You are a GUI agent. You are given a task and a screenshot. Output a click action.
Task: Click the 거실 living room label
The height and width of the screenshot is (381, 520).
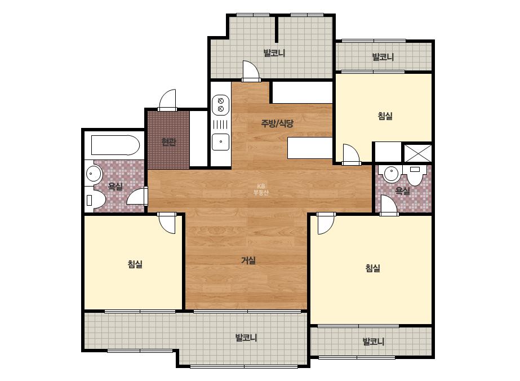point(248,260)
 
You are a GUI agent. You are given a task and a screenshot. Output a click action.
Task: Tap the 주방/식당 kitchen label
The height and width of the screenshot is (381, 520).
point(277,123)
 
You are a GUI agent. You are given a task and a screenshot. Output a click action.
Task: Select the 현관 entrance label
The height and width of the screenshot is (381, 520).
point(168,142)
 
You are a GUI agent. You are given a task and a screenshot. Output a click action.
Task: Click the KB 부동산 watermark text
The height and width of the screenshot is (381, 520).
point(261,189)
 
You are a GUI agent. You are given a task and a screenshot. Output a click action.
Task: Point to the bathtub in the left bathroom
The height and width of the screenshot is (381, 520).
point(115,145)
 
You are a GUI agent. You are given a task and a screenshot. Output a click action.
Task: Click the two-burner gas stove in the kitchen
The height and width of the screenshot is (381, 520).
point(220,104)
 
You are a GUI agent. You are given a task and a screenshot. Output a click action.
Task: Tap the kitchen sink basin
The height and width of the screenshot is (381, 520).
point(220,141)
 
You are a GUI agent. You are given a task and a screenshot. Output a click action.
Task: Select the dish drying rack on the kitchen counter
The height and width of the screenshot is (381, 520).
point(220,125)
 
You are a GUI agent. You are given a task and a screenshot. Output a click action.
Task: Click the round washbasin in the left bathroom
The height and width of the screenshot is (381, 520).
point(94,174)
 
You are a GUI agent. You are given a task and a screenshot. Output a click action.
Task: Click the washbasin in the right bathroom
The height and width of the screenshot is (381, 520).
point(392,173)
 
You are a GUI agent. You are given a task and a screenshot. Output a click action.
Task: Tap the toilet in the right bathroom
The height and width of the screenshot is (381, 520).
point(415,175)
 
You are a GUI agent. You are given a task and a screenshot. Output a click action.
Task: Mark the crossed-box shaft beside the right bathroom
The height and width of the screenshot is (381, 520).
point(418,153)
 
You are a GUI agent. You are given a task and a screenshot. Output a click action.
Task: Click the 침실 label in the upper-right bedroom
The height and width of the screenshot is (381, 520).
point(385,116)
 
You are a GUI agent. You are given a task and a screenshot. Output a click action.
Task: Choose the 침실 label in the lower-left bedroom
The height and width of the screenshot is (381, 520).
point(135,264)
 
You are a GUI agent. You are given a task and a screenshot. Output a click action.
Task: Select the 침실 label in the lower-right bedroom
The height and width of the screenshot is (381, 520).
point(373,268)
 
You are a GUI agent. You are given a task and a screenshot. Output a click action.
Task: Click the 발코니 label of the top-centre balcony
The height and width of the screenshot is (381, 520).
point(274,53)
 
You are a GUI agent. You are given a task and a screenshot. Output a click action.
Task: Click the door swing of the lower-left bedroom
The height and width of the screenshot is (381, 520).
point(167,223)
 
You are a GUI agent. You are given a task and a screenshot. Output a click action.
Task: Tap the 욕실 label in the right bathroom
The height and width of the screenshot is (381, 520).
point(403,191)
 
